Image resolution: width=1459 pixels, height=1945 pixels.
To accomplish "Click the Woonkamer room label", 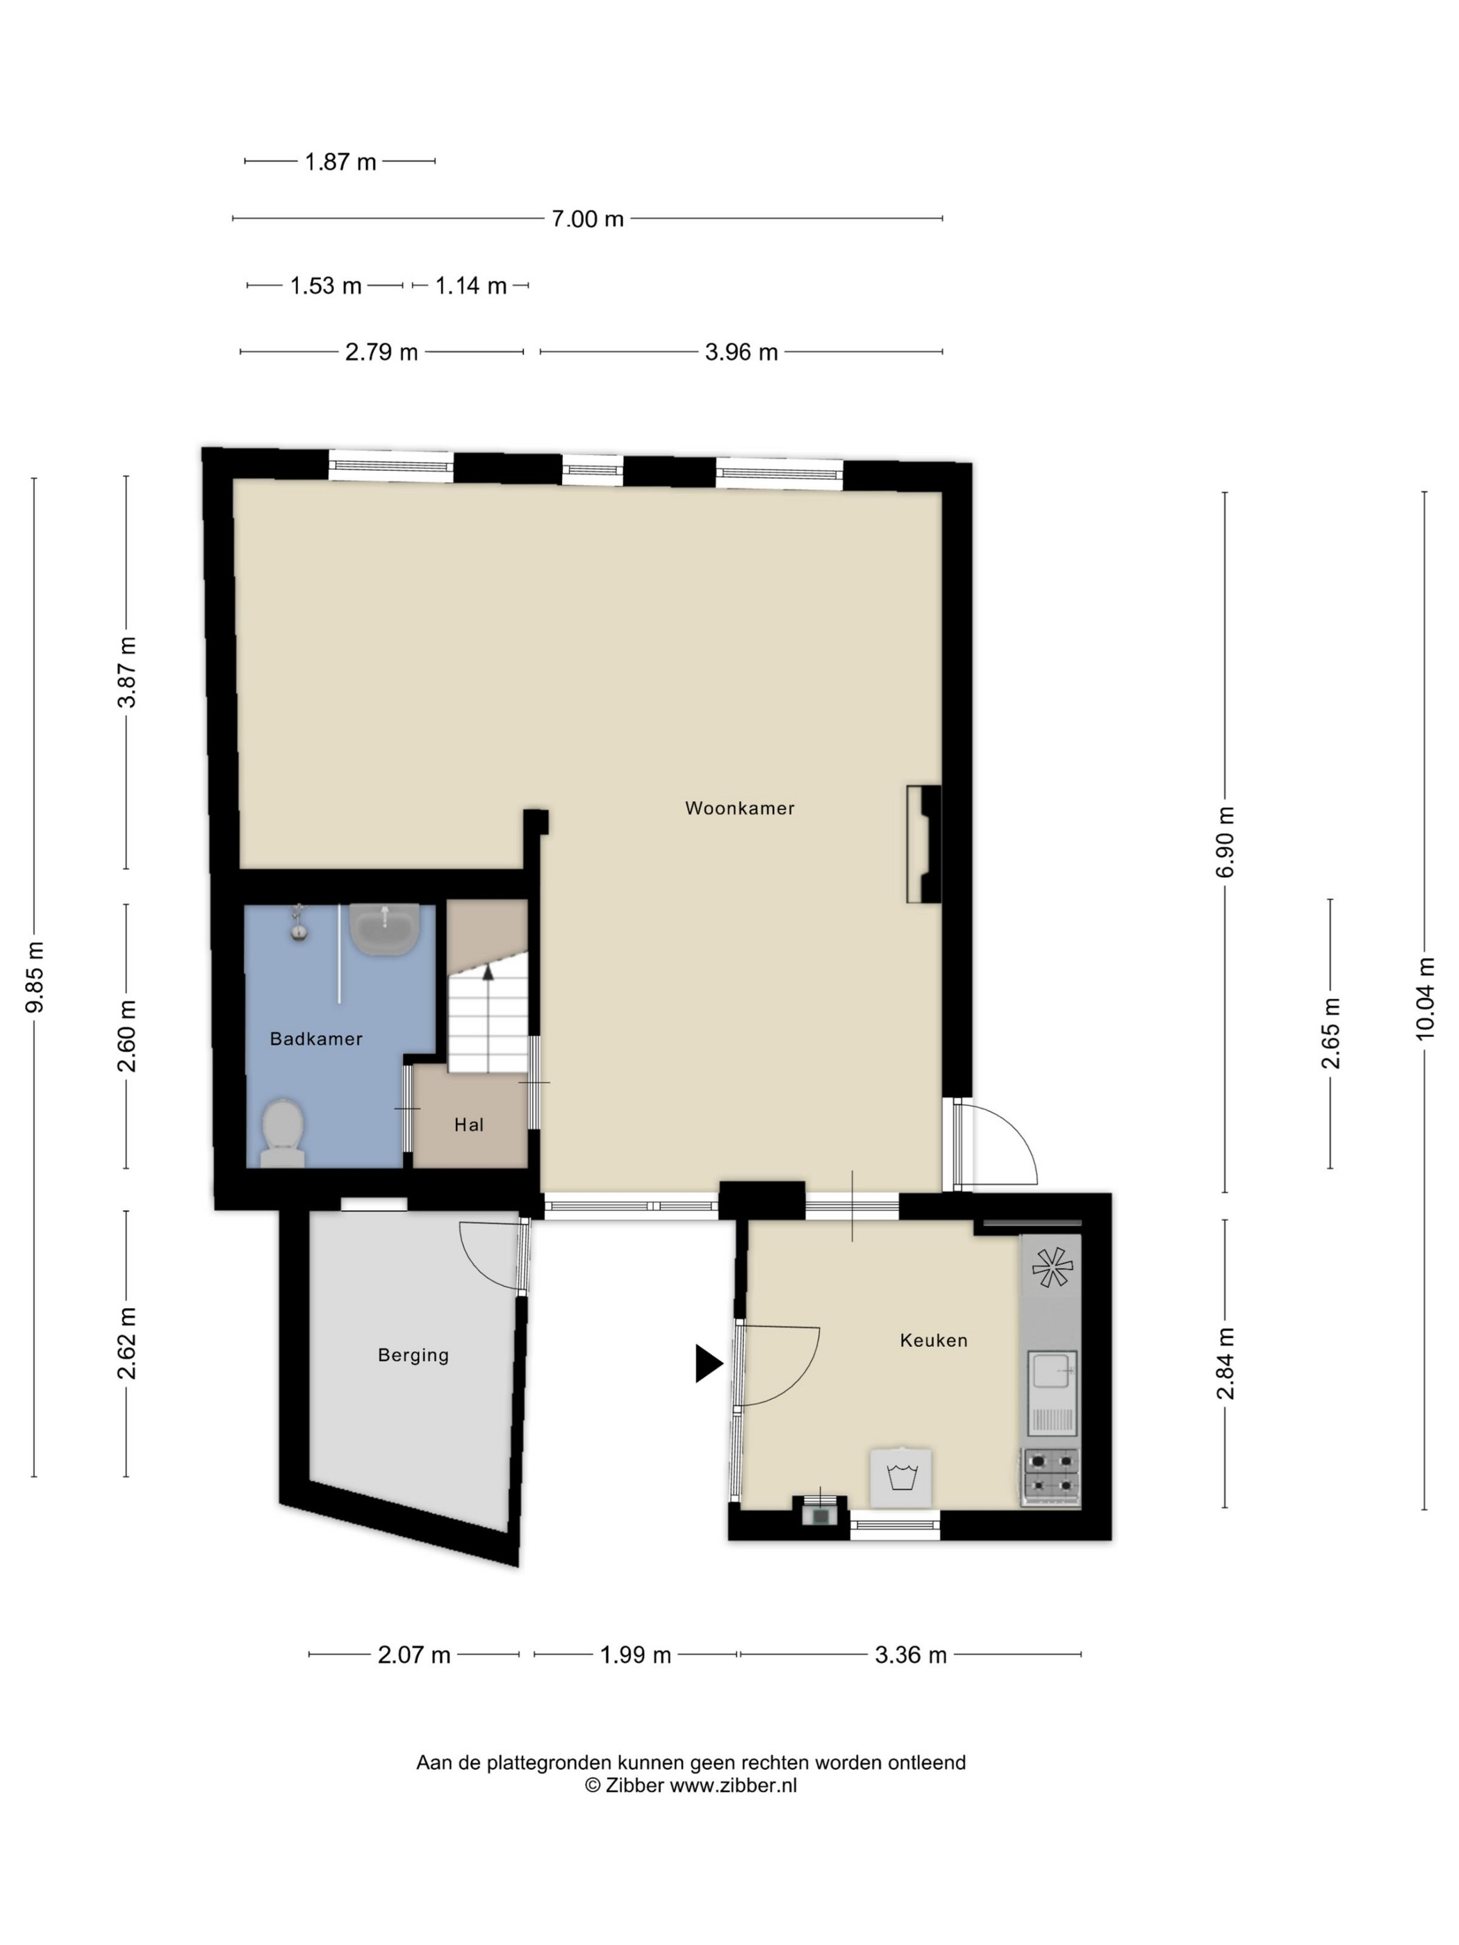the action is pyautogui.click(x=740, y=808).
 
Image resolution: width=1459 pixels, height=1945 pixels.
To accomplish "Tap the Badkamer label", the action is pyautogui.click(x=315, y=1038).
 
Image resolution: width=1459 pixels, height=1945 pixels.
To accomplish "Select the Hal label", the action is pyautogui.click(x=469, y=1125).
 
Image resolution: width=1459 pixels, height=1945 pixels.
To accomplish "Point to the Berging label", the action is pyautogui.click(x=413, y=1355).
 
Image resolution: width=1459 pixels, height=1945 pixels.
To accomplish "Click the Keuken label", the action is pyautogui.click(x=933, y=1340).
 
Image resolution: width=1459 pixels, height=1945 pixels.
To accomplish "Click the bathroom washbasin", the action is pyautogui.click(x=383, y=929).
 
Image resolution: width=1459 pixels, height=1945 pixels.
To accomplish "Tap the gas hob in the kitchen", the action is pyautogui.click(x=1052, y=1478).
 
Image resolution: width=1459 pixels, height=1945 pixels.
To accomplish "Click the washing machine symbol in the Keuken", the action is pyautogui.click(x=900, y=1478).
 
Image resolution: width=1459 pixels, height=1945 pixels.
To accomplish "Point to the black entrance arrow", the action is pyautogui.click(x=709, y=1364).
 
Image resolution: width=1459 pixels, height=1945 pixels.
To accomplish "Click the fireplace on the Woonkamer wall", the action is pyautogui.click(x=924, y=844).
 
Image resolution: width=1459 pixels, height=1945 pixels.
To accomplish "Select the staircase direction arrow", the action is pyautogui.click(x=488, y=970).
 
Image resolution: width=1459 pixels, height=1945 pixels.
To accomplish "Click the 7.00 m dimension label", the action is pyautogui.click(x=588, y=219).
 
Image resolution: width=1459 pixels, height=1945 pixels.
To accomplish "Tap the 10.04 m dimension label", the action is pyautogui.click(x=1425, y=998).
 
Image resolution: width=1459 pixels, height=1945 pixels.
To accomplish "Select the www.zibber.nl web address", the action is pyautogui.click(x=734, y=1786).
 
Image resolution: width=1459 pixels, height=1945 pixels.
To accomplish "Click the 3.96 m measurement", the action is pyautogui.click(x=741, y=353).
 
